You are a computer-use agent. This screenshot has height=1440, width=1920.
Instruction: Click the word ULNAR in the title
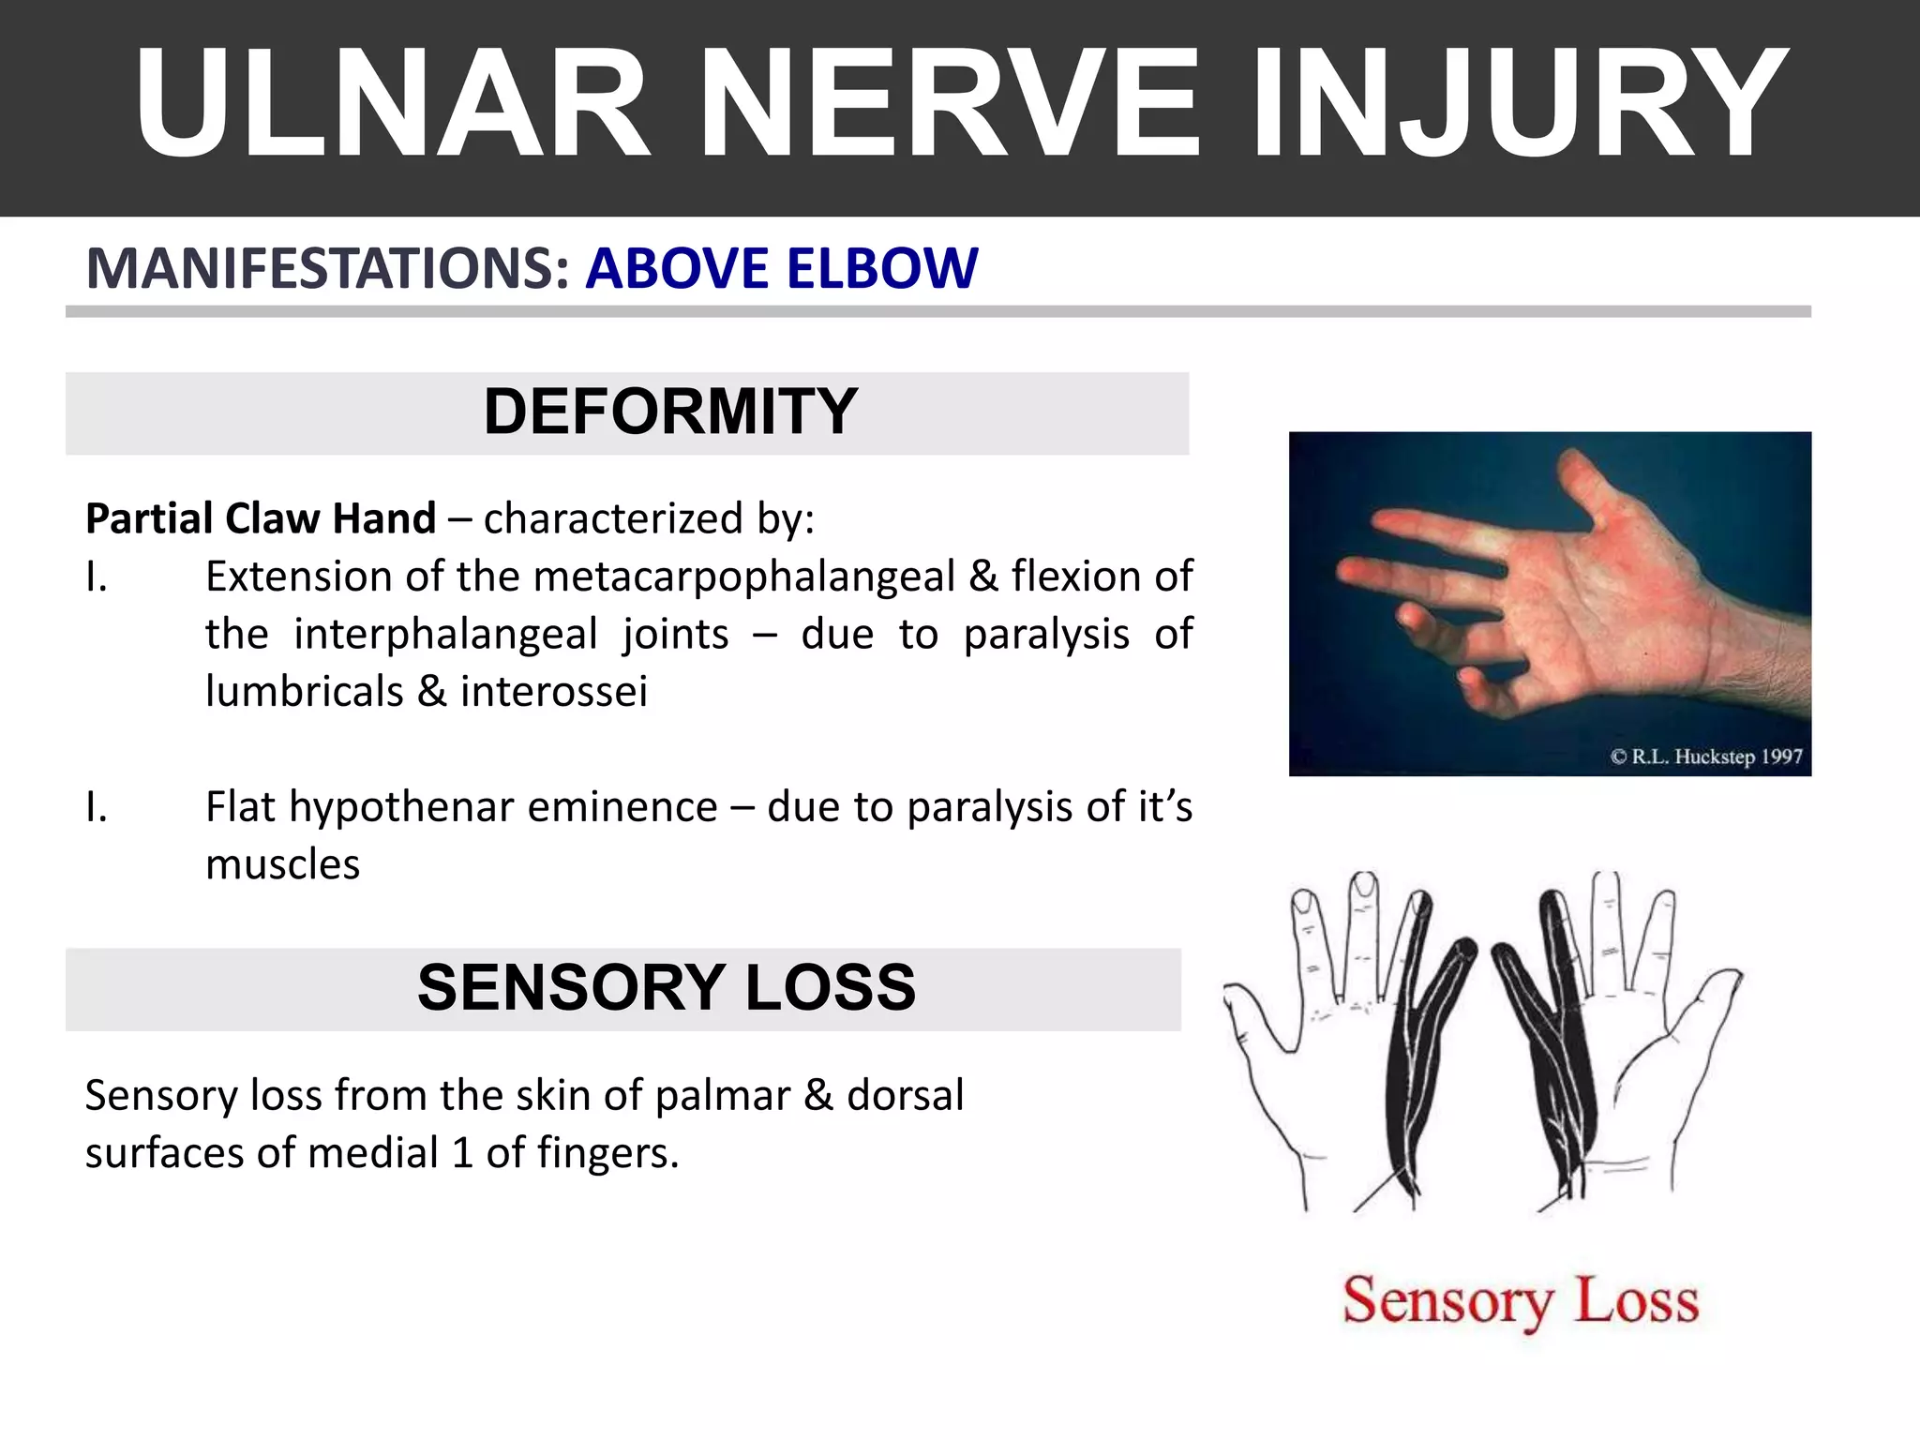(x=392, y=105)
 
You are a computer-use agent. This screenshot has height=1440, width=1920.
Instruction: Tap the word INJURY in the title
(x=1518, y=105)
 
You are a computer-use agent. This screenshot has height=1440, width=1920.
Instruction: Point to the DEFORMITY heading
(x=669, y=412)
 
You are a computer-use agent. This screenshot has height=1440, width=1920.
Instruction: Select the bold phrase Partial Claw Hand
(x=261, y=518)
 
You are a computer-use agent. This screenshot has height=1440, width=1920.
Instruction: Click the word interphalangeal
(x=445, y=635)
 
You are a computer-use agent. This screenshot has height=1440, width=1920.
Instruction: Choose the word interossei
(x=553, y=692)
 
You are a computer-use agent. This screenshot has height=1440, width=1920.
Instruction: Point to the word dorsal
(x=905, y=1095)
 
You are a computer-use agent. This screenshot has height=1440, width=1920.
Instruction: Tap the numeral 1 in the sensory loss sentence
(x=461, y=1153)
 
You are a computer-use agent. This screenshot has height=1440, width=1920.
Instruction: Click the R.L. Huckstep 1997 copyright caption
(x=1705, y=757)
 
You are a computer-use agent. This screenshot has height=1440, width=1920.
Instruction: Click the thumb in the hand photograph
(x=1594, y=487)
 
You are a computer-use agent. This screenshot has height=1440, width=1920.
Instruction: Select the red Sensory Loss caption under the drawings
(x=1520, y=1301)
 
